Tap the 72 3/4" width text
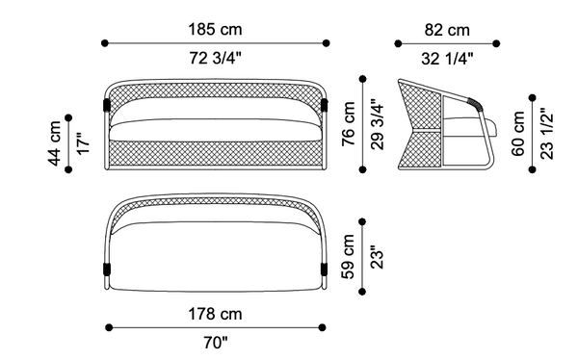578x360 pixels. point(216,59)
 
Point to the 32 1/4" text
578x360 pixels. point(447,59)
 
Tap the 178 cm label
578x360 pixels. point(217,313)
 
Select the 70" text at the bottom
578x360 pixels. point(217,343)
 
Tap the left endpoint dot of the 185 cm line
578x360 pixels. point(105,42)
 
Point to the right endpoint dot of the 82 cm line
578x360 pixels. point(497,42)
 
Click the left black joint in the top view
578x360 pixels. point(106,269)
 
